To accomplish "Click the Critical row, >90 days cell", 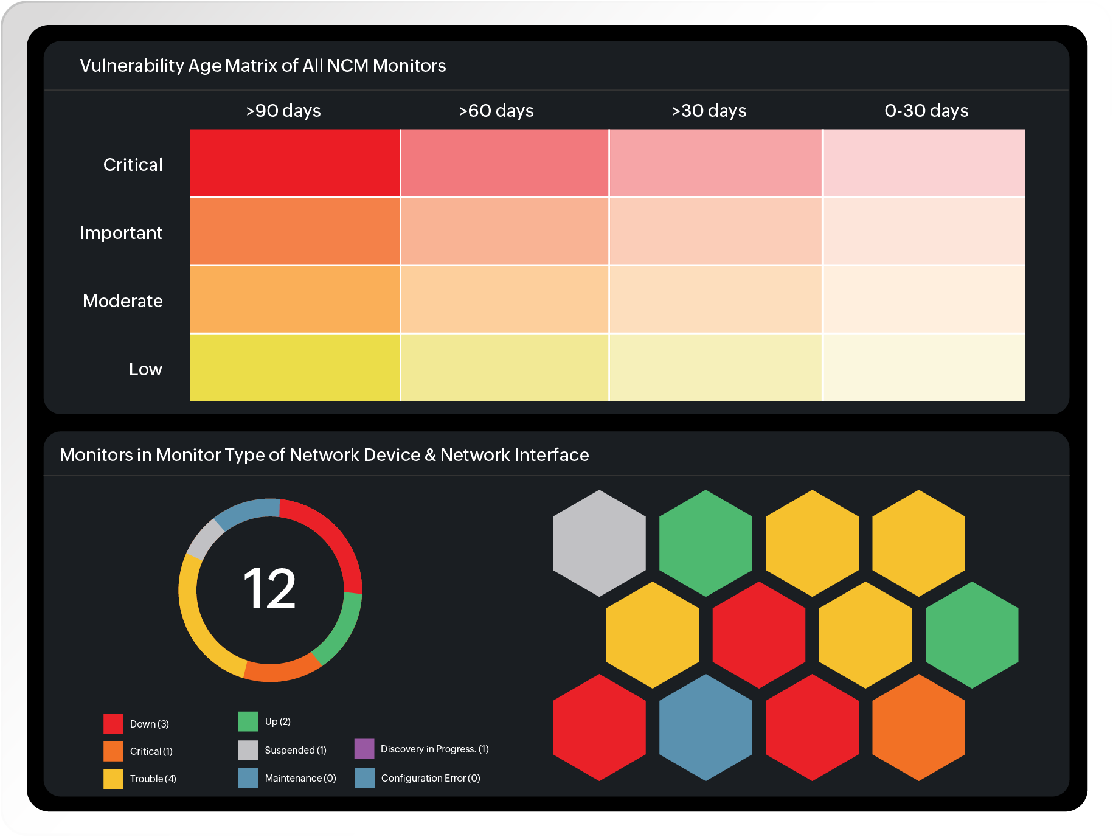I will (294, 162).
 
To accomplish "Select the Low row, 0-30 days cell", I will (923, 367).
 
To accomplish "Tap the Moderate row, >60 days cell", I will (504, 299).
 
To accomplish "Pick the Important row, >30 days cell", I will (715, 231).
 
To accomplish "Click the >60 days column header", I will (496, 111).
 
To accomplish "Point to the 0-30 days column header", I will (926, 111).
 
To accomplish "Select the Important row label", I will (120, 233).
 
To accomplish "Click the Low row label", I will (145, 369).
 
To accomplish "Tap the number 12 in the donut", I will (269, 589).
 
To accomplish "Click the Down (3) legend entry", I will (149, 724).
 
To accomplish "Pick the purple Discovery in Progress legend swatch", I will (364, 749).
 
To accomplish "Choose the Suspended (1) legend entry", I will (295, 750).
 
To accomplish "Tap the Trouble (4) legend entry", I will (152, 779).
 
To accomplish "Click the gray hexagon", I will (599, 543).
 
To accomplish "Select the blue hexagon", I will (706, 727).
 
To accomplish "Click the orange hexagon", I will (918, 727).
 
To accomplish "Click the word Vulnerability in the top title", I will (132, 66).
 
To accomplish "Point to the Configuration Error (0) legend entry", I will (430, 778).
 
